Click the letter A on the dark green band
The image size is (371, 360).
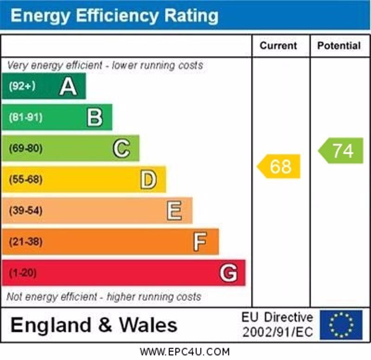tap(68, 86)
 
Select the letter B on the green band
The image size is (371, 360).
tap(95, 117)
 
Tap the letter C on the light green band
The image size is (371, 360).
tap(121, 148)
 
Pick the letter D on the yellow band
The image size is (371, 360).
tap(148, 180)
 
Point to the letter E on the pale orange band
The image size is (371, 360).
tap(174, 211)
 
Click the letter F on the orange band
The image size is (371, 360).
tap(200, 242)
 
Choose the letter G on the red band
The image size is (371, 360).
tap(228, 273)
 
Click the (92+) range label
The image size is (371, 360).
tap(22, 86)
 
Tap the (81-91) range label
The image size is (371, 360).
tap(26, 117)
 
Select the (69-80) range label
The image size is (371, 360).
tap(26, 148)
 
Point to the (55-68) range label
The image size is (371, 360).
tap(26, 180)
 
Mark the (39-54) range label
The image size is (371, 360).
tap(26, 211)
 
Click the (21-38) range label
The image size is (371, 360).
tap(26, 242)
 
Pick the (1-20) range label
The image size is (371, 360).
tap(22, 273)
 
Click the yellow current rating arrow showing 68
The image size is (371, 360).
tap(279, 167)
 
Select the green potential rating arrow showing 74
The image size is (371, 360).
tap(341, 151)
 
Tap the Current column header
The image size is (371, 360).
tap(278, 45)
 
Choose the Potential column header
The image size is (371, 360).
tap(339, 45)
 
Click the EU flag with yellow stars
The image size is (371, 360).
tap(341, 325)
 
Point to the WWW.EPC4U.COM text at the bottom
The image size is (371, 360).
tap(185, 352)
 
